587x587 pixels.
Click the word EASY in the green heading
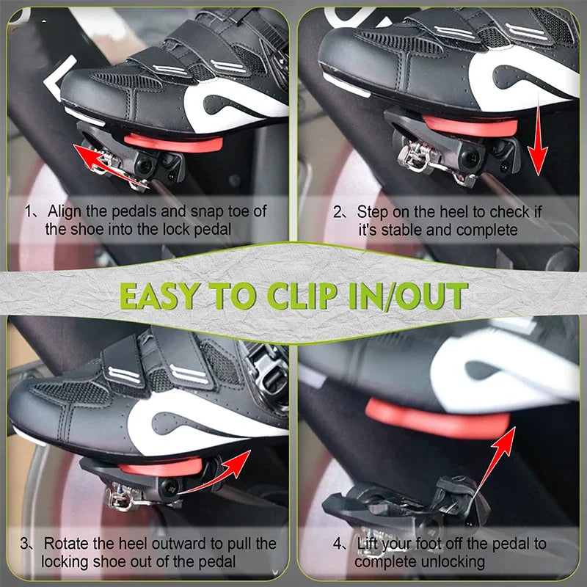(160, 296)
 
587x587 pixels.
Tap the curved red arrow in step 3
(217, 475)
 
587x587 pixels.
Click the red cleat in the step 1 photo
(174, 143)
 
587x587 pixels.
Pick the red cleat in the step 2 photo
(470, 126)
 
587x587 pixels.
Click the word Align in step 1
(65, 211)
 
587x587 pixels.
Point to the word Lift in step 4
(368, 544)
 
